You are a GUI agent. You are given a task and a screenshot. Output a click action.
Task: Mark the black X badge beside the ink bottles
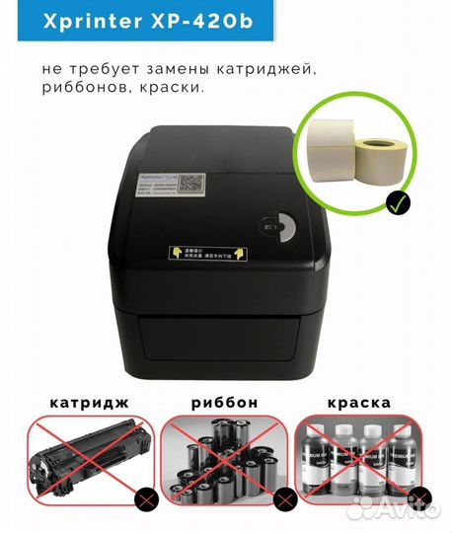(419, 497)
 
